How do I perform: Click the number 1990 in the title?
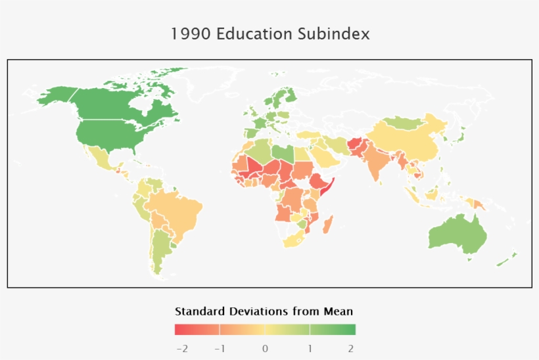pos(191,34)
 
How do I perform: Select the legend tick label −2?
pos(182,348)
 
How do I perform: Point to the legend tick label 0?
pos(265,348)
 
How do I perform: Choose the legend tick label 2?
pos(351,348)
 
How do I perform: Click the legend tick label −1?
pos(220,348)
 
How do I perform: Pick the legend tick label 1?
pos(310,348)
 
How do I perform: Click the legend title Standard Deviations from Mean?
pos(264,311)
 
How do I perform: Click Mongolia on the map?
pos(405,122)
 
